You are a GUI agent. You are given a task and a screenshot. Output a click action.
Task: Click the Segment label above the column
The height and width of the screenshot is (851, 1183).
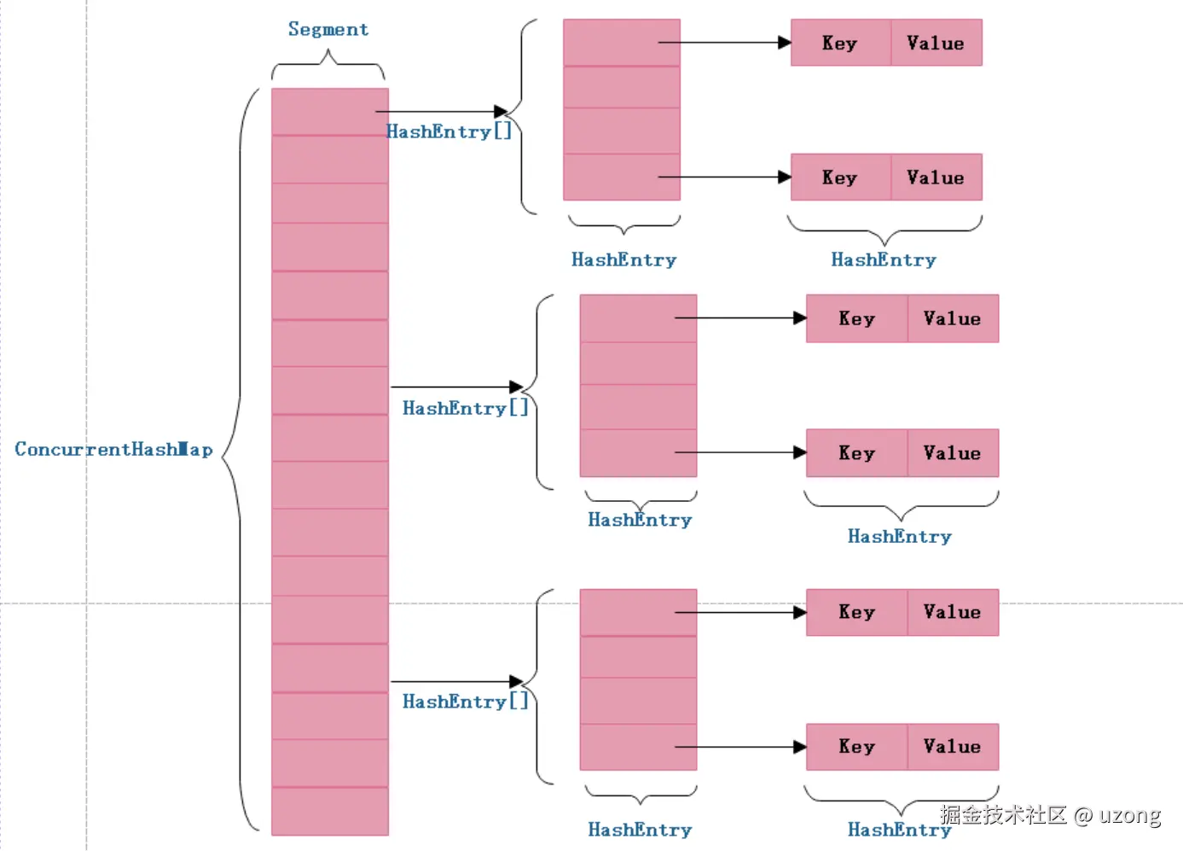click(328, 30)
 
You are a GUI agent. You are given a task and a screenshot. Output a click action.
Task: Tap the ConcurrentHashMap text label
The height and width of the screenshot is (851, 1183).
click(113, 450)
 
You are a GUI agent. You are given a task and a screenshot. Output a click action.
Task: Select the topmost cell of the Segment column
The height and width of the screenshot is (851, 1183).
click(330, 112)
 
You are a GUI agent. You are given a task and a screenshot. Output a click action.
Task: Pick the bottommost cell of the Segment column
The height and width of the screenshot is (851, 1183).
click(330, 811)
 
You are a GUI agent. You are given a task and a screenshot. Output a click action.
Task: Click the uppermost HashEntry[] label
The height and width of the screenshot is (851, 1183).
click(449, 132)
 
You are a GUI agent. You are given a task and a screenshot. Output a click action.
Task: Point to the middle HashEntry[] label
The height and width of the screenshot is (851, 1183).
click(465, 409)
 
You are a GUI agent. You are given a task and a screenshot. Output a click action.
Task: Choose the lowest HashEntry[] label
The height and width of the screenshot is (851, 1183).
click(465, 702)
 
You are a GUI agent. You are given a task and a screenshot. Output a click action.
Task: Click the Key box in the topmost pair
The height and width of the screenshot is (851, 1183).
click(840, 44)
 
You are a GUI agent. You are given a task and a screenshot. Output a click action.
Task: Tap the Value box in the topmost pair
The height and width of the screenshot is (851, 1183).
click(936, 44)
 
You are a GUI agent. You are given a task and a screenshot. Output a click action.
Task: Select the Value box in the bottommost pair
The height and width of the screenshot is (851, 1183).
click(952, 747)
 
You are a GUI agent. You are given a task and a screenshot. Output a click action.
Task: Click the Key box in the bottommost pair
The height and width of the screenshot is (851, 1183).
click(856, 747)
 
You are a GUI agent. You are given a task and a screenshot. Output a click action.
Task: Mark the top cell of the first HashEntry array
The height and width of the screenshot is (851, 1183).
click(622, 43)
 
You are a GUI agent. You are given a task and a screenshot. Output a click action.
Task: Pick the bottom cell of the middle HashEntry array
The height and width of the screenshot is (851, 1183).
click(638, 453)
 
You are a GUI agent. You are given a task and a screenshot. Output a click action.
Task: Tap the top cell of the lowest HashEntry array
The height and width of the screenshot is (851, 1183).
click(638, 613)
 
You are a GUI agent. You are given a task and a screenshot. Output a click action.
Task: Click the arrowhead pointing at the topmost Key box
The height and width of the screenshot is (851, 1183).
click(785, 43)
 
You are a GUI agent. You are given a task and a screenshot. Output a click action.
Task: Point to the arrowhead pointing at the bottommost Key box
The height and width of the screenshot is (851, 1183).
click(800, 748)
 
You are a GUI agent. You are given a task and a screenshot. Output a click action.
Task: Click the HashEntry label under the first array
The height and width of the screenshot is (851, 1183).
click(623, 260)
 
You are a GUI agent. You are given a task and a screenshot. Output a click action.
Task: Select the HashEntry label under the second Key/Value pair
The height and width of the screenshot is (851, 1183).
click(884, 260)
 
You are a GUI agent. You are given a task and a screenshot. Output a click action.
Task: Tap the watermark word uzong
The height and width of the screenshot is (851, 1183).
click(1129, 815)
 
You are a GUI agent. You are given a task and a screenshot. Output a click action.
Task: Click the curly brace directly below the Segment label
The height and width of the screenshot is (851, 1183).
click(328, 64)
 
